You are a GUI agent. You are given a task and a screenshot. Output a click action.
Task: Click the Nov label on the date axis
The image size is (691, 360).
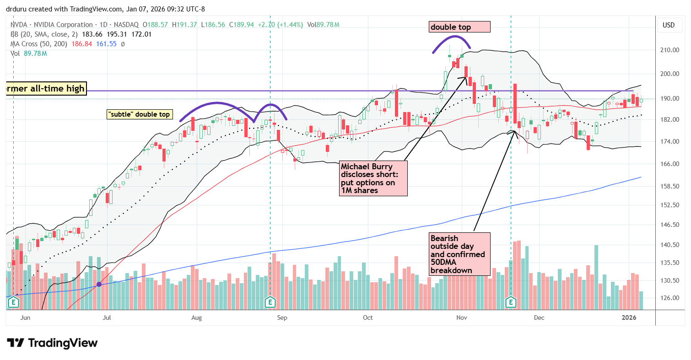coord(462,317)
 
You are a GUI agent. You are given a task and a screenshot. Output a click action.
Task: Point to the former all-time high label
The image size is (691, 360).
coord(45,88)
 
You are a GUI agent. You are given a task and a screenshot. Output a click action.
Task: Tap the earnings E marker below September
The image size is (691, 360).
coord(270,302)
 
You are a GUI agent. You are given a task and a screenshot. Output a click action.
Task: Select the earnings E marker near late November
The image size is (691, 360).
coord(511,302)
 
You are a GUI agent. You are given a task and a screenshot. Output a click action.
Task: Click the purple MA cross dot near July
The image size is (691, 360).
coord(99,285)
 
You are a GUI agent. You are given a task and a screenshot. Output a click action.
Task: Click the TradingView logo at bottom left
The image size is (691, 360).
coord(52,343)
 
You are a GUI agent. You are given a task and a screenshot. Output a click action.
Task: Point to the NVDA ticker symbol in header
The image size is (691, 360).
coord(18,25)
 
